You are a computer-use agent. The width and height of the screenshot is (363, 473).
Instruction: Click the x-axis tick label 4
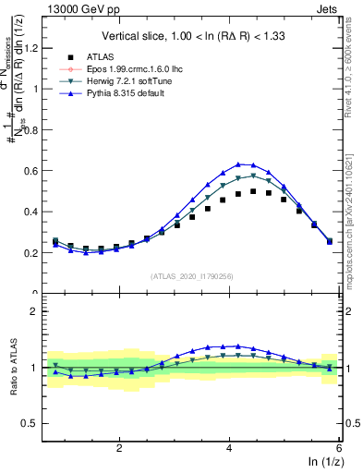pos(229,447)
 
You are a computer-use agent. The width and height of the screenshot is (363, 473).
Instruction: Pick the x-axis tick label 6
pos(338,447)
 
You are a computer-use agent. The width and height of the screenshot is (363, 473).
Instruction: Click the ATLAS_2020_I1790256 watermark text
pos(192,276)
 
